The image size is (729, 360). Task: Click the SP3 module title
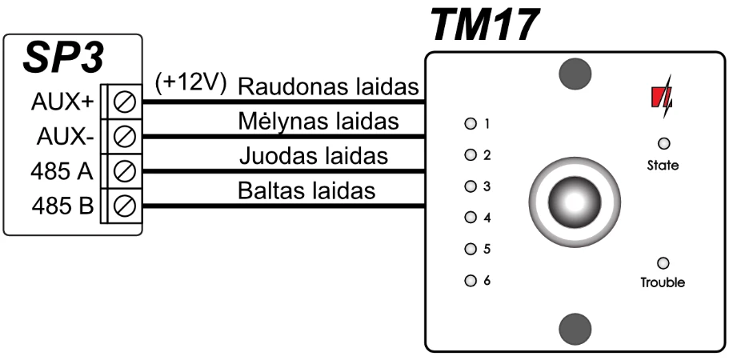pyautogui.click(x=63, y=58)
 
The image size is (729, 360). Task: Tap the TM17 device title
pyautogui.click(x=484, y=26)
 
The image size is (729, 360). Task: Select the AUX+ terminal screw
pyautogui.click(x=125, y=102)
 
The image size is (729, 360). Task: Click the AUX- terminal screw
pyautogui.click(x=125, y=137)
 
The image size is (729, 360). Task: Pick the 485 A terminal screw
pyautogui.click(x=125, y=171)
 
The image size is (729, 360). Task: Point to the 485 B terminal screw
pyautogui.click(x=125, y=206)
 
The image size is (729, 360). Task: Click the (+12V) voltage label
pyautogui.click(x=190, y=84)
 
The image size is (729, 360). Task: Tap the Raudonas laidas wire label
pyautogui.click(x=328, y=87)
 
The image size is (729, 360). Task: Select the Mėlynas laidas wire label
pyautogui.click(x=318, y=122)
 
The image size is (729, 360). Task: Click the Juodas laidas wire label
pyautogui.click(x=314, y=156)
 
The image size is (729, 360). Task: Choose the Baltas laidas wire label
pyautogui.click(x=306, y=190)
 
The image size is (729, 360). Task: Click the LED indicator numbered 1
pyautogui.click(x=471, y=124)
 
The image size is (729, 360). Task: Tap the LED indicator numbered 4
pyautogui.click(x=471, y=218)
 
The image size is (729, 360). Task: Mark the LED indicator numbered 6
pyautogui.click(x=471, y=281)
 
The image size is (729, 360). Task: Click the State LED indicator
pyautogui.click(x=664, y=143)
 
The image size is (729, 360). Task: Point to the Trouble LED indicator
pyautogui.click(x=663, y=263)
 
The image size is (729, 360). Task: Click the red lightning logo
pyautogui.click(x=662, y=97)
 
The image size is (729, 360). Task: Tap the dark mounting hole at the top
pyautogui.click(x=575, y=74)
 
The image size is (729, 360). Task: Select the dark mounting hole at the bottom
pyautogui.click(x=575, y=329)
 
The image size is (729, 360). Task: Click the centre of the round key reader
pyautogui.click(x=575, y=202)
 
